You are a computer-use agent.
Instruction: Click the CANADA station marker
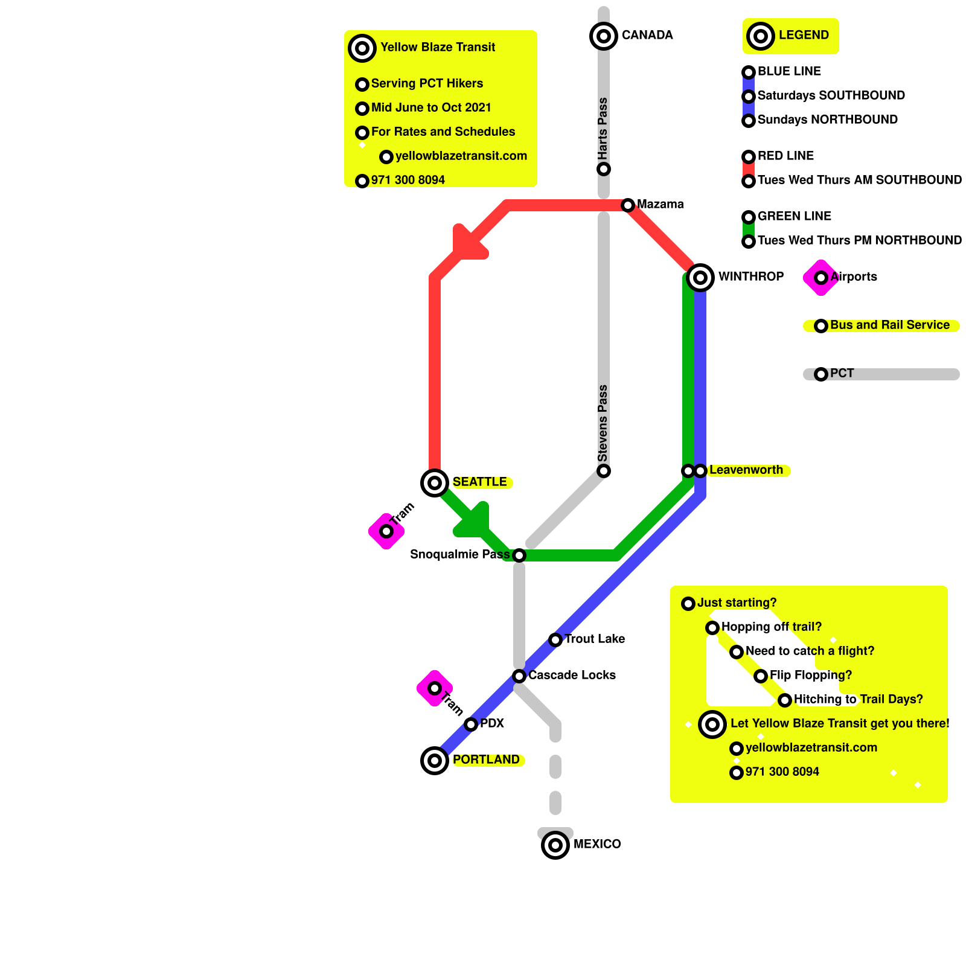pos(604,36)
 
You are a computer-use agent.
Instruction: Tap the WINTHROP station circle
pos(700,278)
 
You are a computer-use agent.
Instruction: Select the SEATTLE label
pos(480,482)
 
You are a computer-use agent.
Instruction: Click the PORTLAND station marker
pos(435,761)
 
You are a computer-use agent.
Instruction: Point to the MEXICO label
pos(597,844)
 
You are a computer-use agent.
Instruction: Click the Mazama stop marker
pos(628,205)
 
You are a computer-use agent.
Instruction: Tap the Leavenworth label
pos(746,470)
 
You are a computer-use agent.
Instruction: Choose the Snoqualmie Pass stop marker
pos(519,555)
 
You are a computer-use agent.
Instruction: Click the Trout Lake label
pos(595,639)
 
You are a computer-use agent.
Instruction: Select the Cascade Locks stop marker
pos(519,676)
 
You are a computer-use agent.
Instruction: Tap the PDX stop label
pos(492,723)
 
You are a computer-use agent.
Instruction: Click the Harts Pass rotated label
pos(603,128)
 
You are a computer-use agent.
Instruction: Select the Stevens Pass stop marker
pos(604,471)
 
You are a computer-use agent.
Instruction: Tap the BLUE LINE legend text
pos(789,71)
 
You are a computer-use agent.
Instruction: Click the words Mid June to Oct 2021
pos(431,107)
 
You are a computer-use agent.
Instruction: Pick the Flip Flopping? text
pos(811,675)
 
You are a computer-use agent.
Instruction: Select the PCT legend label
pos(842,373)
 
